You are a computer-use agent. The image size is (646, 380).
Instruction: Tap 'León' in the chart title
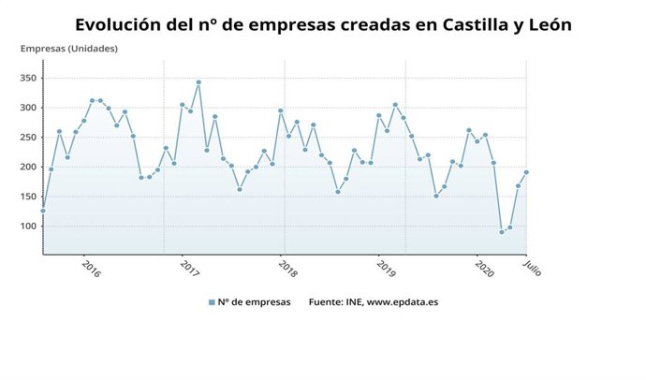click(x=545, y=24)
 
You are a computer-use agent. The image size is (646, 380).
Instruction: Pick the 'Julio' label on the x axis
click(x=532, y=268)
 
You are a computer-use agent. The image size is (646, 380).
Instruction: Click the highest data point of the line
click(x=198, y=82)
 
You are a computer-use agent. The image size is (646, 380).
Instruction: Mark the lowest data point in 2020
click(x=502, y=232)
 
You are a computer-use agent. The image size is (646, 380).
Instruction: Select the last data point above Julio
click(x=526, y=172)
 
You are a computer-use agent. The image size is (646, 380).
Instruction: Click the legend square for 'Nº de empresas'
click(x=212, y=302)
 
